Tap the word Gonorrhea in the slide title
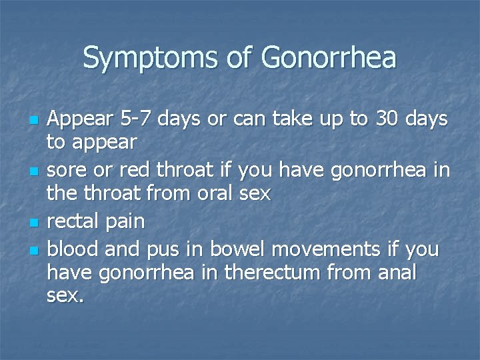tap(329, 58)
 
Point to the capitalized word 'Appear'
tap(75, 121)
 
